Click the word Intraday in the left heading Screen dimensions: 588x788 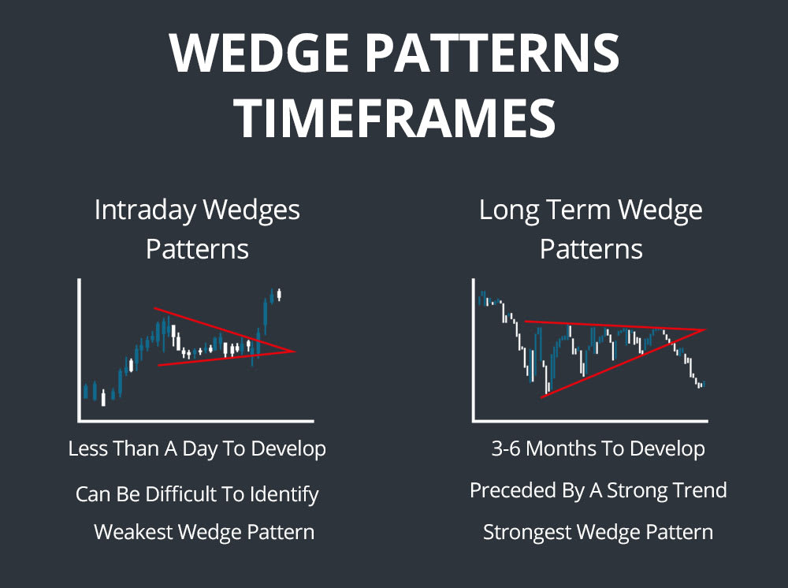click(144, 210)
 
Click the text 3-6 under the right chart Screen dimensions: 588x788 click(505, 449)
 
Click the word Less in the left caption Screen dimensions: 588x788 click(86, 449)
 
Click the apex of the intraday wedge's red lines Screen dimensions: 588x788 click(295, 352)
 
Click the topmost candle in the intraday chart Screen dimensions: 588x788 click(280, 294)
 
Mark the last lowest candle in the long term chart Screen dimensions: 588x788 click(699, 385)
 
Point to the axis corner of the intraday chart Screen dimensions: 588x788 click(79, 420)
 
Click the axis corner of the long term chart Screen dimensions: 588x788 click(474, 420)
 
